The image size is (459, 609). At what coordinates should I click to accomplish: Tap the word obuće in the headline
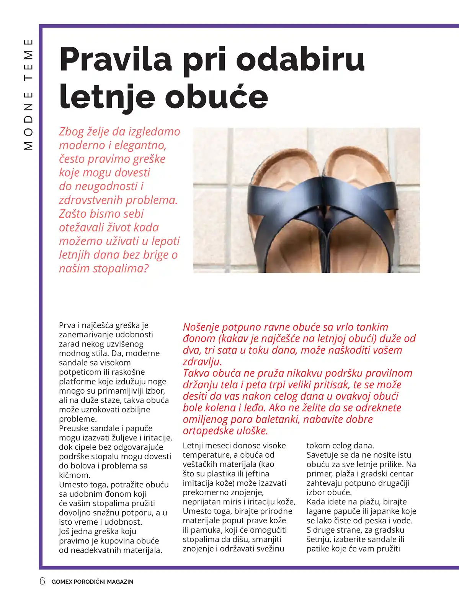click(216, 96)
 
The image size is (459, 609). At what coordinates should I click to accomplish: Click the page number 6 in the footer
click(42, 581)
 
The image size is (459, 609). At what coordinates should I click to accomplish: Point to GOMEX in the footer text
click(62, 581)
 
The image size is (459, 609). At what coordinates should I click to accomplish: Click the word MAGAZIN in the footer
click(120, 581)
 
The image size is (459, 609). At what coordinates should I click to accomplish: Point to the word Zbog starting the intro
click(71, 131)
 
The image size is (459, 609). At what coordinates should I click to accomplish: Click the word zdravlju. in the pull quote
click(202, 361)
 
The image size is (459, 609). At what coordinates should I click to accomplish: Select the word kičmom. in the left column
click(75, 475)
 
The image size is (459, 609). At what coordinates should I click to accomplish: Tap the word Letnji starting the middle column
click(194, 445)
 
